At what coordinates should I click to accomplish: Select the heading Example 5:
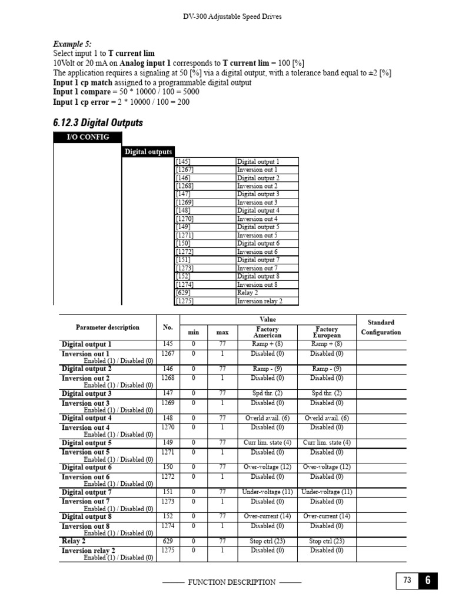click(73, 44)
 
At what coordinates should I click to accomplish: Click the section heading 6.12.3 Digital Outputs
click(98, 123)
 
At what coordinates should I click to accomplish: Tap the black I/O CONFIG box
click(88, 137)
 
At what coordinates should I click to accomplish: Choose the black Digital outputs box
click(148, 152)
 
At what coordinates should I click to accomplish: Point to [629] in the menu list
click(182, 293)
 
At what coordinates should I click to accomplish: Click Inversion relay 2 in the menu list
click(260, 301)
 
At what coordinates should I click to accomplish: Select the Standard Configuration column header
click(381, 327)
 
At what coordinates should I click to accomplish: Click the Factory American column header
click(268, 332)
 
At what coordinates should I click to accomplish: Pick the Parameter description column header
click(108, 327)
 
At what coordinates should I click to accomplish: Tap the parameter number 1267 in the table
click(168, 353)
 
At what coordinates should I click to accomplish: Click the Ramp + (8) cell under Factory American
click(268, 344)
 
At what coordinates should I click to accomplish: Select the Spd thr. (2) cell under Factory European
click(327, 393)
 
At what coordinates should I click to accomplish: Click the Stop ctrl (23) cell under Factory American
click(268, 541)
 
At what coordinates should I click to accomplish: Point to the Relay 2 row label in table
click(74, 541)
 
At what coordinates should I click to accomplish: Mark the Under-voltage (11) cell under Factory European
click(327, 492)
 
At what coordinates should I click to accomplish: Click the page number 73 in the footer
click(407, 581)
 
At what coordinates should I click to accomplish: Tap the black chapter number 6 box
click(428, 581)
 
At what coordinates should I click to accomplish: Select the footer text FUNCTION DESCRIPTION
click(231, 582)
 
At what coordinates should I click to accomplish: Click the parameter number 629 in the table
click(168, 541)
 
